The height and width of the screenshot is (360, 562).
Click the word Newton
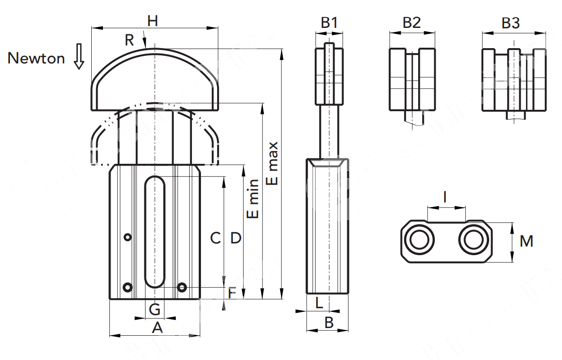click(36, 58)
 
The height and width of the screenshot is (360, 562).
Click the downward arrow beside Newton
click(79, 56)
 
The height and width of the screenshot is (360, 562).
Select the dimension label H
click(153, 21)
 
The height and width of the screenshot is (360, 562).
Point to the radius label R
click(129, 40)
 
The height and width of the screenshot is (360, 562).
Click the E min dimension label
click(254, 199)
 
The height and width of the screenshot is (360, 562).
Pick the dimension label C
click(215, 238)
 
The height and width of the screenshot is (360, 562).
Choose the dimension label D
click(236, 238)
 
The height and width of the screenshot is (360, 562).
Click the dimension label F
click(232, 294)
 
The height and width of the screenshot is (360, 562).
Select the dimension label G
click(155, 309)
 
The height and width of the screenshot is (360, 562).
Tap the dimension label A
click(157, 328)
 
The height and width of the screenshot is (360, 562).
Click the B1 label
click(329, 22)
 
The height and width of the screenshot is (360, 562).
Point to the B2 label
click(411, 22)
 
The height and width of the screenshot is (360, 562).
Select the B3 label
click(511, 22)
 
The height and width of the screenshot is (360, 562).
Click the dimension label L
click(319, 303)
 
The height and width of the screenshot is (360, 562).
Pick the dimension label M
click(526, 242)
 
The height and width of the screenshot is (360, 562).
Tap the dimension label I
click(445, 197)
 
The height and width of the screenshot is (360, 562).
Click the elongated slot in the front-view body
click(155, 232)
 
